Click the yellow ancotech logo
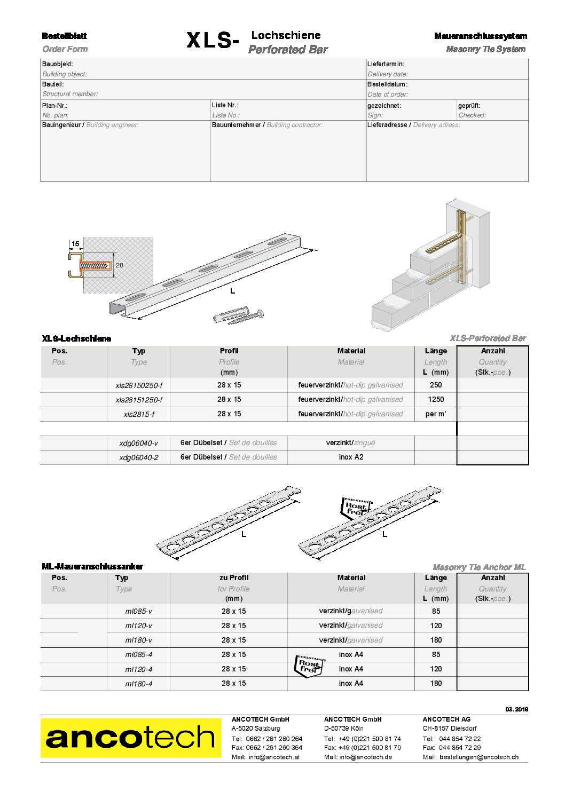pos(131,738)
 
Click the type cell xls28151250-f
pos(139,400)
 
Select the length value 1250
pos(436,399)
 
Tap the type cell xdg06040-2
pos(139,457)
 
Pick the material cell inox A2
pos(351,457)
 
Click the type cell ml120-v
pos(139,626)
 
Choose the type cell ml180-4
pos(139,684)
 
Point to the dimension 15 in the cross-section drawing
pos(76,244)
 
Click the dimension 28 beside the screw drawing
pos(119,265)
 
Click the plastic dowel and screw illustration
pos(238,317)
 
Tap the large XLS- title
pos(213,41)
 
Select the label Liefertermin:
pos(386,64)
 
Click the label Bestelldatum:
pos(387,84)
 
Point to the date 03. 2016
pos(516,709)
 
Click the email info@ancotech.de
pos(366,757)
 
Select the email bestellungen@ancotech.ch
pos(478,757)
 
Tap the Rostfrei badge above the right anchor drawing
pos(356,508)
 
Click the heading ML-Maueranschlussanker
pos(92,566)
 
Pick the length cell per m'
pos(436,414)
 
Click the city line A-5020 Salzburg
pos(256,728)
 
